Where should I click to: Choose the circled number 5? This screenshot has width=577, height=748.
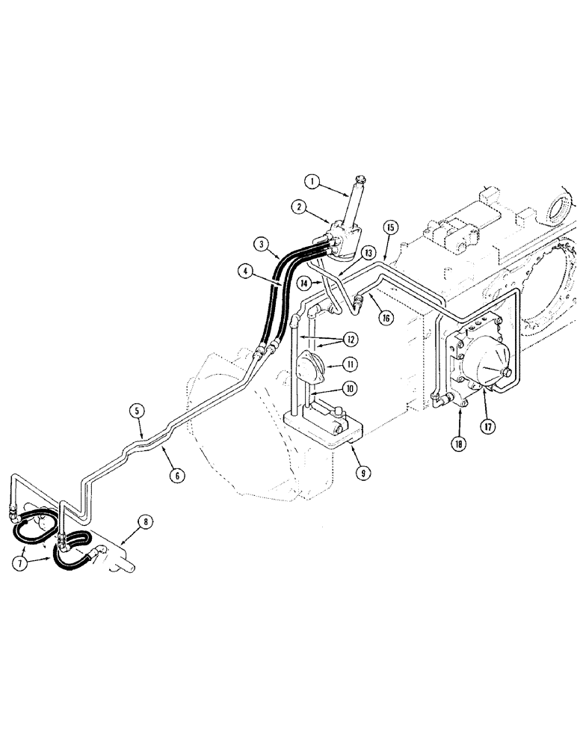click(x=137, y=411)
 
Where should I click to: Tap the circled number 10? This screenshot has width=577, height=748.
click(x=350, y=388)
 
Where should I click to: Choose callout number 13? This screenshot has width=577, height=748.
click(x=368, y=254)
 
